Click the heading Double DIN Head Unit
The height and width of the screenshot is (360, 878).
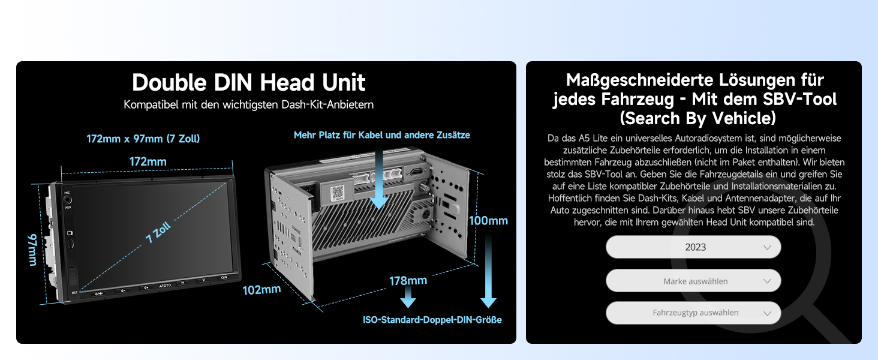coord(248,82)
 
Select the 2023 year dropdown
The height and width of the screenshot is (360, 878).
coord(693,247)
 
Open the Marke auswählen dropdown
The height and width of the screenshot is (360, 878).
coord(693,281)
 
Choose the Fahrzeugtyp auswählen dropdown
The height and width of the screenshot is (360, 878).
coord(693,313)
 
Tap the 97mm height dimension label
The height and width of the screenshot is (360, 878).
coord(32,250)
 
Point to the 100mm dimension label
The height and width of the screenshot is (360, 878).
coord(488,221)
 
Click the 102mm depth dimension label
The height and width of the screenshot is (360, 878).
coord(261,290)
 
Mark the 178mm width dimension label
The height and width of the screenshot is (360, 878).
coord(408,280)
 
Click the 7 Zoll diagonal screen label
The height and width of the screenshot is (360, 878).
coord(158,232)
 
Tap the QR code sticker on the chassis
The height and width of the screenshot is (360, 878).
coord(336,193)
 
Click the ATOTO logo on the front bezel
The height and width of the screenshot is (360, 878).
coord(165,286)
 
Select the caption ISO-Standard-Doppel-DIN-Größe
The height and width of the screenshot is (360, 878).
coord(432,320)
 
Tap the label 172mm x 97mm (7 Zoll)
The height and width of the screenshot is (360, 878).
coord(143,139)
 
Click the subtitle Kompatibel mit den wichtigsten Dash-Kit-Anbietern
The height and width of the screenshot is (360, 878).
coord(248,105)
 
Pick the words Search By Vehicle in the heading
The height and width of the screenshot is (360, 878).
coord(697,118)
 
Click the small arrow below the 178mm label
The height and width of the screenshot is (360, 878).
coord(408,297)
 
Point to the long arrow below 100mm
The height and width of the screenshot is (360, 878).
coord(488,271)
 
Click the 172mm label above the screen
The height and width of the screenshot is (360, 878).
coord(148,161)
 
